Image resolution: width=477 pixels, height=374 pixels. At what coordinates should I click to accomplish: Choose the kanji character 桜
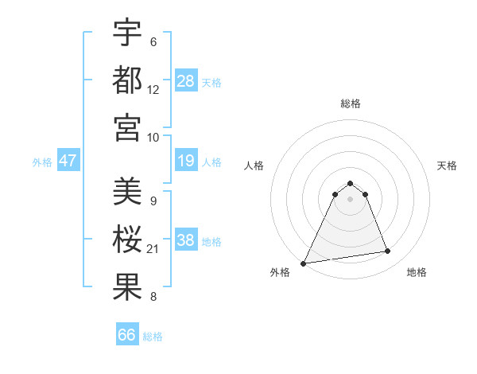(x=127, y=239)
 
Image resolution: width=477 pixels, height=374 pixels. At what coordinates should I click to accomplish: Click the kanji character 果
(x=127, y=286)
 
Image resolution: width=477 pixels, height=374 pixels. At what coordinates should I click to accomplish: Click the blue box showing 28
(x=186, y=81)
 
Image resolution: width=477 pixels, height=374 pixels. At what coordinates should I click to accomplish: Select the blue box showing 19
(x=186, y=162)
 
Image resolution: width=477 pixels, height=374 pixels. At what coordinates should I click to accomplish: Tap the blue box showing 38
(x=186, y=241)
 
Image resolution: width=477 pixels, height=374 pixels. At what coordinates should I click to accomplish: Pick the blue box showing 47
(x=68, y=162)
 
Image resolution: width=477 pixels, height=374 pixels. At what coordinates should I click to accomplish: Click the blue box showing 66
(x=127, y=335)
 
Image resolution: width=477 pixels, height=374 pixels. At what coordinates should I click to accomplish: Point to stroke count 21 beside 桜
(x=153, y=249)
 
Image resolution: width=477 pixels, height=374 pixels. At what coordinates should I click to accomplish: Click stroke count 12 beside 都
(x=153, y=90)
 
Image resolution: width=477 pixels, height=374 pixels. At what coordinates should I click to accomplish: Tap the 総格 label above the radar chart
(x=350, y=104)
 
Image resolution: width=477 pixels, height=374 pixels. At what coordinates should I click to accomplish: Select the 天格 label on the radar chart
(x=447, y=166)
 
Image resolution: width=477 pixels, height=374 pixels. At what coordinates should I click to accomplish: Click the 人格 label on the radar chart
(x=254, y=166)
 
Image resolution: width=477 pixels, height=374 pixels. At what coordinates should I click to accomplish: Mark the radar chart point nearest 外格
(x=304, y=263)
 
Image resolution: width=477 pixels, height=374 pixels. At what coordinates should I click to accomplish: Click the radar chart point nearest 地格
(x=387, y=251)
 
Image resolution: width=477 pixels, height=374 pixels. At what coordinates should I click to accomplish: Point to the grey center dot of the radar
(x=350, y=199)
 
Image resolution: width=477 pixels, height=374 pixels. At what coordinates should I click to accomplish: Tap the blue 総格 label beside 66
(x=153, y=337)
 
